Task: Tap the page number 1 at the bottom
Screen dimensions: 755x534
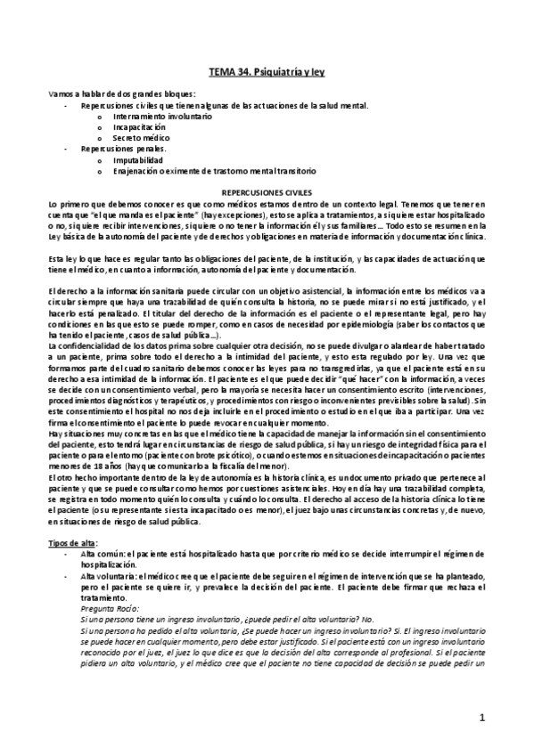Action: pos(481,717)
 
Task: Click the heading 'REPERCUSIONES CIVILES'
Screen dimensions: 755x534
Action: pos(267,191)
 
